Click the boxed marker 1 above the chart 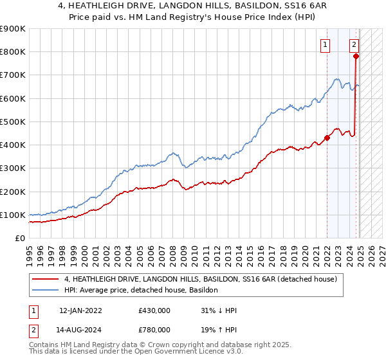click(326, 45)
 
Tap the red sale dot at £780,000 click(356, 57)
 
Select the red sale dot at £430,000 click(327, 138)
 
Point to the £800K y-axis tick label click(12, 52)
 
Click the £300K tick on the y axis click(12, 168)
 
